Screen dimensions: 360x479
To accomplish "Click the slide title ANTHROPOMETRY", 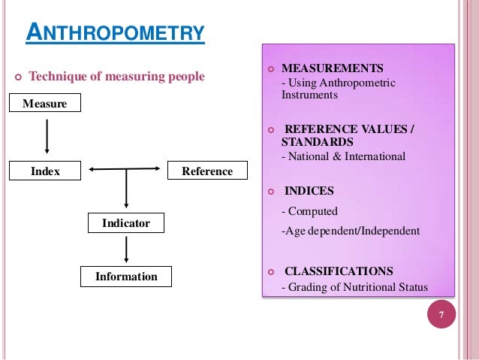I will pyautogui.click(x=115, y=34).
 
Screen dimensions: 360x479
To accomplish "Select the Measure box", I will pyautogui.click(x=44, y=103).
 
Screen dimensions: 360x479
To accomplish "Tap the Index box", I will pyautogui.click(x=44, y=171).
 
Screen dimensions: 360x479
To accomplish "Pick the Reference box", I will pyautogui.click(x=207, y=171).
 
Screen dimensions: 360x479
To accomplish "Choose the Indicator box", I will pyautogui.click(x=125, y=223).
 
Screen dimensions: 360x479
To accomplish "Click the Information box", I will pyautogui.click(x=126, y=277).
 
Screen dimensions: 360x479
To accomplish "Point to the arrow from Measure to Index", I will pyautogui.click(x=47, y=137).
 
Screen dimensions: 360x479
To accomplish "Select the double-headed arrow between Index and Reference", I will pyautogui.click(x=125, y=170).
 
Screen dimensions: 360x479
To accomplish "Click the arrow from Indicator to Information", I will pyautogui.click(x=126, y=250).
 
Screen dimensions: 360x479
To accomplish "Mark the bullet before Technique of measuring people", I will pyautogui.click(x=17, y=77).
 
